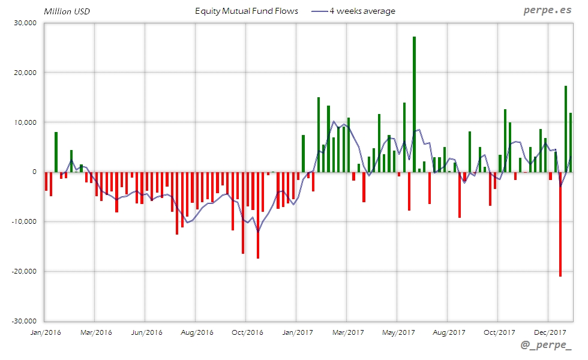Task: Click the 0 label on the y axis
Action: click(x=34, y=172)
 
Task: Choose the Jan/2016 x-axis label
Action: click(x=45, y=332)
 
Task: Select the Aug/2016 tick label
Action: click(x=196, y=332)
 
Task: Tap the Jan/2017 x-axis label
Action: click(x=297, y=332)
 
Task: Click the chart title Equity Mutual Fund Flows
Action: click(x=247, y=11)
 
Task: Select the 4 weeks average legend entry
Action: click(x=353, y=11)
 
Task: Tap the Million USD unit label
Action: click(x=67, y=11)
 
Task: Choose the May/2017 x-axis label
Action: click(x=398, y=332)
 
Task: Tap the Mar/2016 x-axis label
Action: click(x=95, y=332)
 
